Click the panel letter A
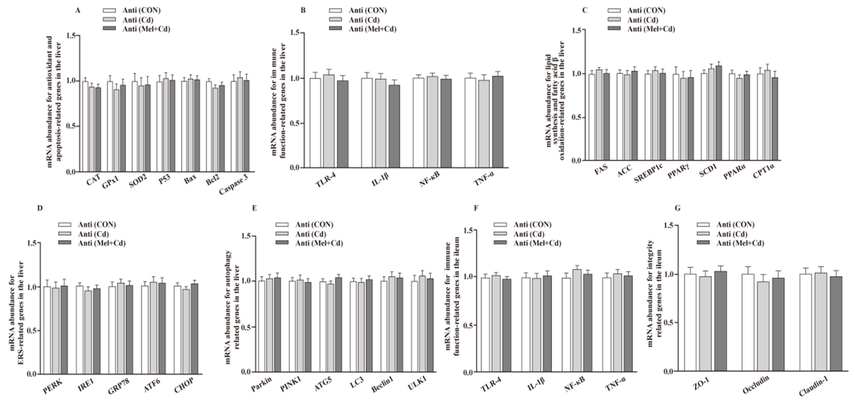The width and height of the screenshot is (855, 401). tap(78, 10)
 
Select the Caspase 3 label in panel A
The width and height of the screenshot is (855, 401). tap(234, 184)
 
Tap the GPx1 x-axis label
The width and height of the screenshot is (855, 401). tap(111, 182)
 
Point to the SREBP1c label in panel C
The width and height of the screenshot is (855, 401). tap(648, 173)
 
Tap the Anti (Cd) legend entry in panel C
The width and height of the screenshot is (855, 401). tap(642, 20)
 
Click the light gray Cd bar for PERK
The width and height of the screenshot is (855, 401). tap(56, 331)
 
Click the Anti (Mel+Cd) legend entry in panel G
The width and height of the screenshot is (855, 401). tap(740, 243)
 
